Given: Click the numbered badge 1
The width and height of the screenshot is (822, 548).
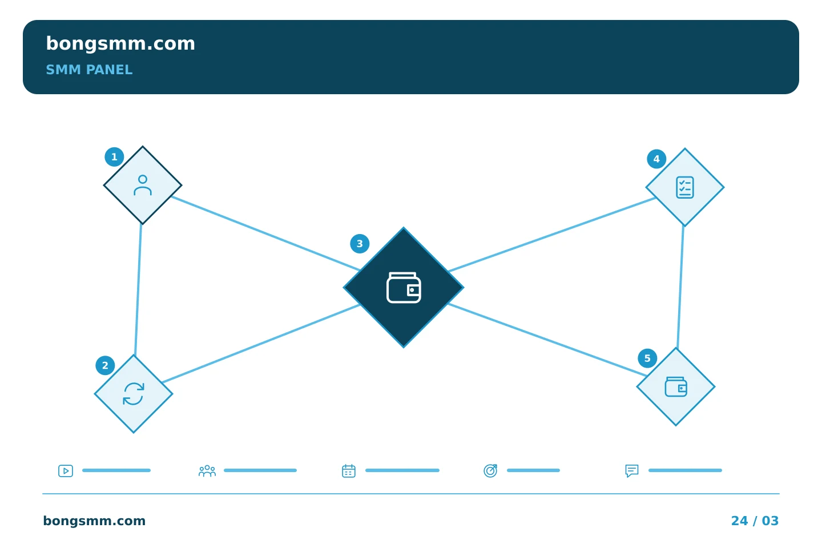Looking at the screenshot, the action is [x=114, y=157].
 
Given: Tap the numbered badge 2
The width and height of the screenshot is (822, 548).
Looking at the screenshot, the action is [x=105, y=365].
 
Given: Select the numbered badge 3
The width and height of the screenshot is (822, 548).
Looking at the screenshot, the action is [x=360, y=244].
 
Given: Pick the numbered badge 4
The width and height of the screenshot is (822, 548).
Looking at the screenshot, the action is [x=656, y=159].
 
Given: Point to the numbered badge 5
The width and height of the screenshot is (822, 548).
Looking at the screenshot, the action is [x=647, y=358].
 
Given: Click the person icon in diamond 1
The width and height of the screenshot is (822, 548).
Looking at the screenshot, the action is [x=143, y=186].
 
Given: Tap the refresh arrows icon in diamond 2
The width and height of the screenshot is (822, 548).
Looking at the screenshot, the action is [x=134, y=394].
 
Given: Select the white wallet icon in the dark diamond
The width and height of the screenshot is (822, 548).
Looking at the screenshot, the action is [x=404, y=288].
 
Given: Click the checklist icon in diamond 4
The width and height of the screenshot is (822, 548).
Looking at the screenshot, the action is [x=685, y=188].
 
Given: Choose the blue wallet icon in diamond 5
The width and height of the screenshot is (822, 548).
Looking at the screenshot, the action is [x=676, y=387].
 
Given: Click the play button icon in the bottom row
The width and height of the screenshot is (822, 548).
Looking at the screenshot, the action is [x=66, y=471].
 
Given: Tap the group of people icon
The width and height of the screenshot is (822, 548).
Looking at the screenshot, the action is [x=207, y=471].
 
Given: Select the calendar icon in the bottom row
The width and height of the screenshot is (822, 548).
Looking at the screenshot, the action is [x=349, y=471].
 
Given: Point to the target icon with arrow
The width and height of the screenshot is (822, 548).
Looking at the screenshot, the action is [x=490, y=471].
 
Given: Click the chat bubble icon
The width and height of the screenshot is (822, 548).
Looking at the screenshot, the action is [x=632, y=471].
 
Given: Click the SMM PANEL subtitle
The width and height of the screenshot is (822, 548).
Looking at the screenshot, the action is [x=89, y=70].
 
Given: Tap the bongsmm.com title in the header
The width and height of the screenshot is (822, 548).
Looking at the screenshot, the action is [x=120, y=44].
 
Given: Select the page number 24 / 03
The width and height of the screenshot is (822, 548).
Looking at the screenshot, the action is [x=755, y=521].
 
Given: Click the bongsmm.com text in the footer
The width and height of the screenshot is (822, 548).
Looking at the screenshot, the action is [x=94, y=521].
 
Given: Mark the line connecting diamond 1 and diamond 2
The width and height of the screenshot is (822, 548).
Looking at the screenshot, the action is [x=138, y=289].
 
